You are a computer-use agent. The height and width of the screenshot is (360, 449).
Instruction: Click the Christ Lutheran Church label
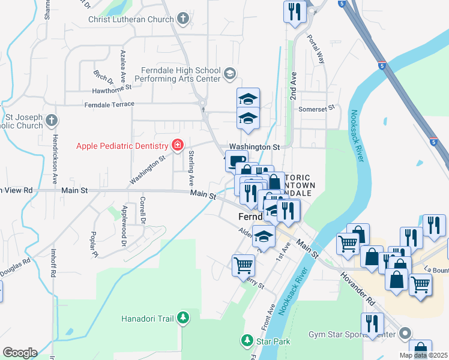coord(130,20)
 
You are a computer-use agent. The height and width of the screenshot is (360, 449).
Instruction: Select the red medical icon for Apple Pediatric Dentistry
coord(177,145)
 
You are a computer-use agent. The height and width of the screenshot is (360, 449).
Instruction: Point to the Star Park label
coord(274,341)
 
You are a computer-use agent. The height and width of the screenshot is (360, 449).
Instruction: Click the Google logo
coord(20,353)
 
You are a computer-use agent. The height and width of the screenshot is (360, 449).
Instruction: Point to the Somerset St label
coord(319,109)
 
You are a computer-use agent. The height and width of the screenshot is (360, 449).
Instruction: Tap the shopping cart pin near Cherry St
coord(243,264)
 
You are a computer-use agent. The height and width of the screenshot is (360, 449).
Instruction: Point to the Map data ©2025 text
coord(423,355)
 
